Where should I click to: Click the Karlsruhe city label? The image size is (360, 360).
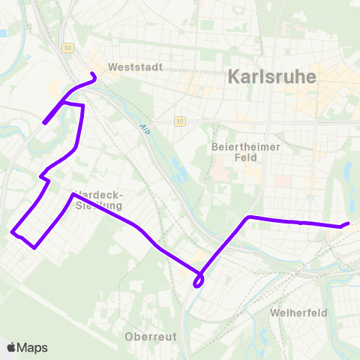tap(271, 76)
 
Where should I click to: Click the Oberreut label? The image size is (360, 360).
tap(151, 337)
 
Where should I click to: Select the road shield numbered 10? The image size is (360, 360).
tap(180, 121)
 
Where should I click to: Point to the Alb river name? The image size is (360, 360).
tap(145, 130)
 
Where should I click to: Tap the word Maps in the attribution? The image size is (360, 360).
tap(32, 347)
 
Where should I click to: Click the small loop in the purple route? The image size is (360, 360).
tap(199, 281)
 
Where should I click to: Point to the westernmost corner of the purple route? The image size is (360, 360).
tap(13, 232)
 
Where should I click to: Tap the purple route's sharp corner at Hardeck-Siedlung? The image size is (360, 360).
tap(73, 195)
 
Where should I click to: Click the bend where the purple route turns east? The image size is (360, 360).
tap(248, 217)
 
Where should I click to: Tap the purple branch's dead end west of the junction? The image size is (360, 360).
tap(44, 122)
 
